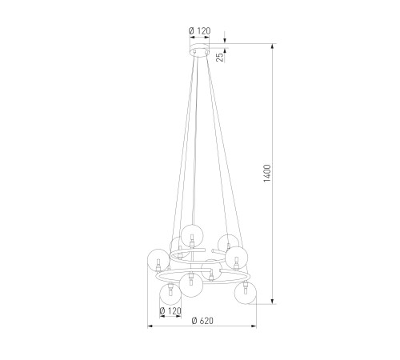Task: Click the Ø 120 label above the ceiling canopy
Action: tap(199, 31)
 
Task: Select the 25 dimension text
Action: tap(219, 58)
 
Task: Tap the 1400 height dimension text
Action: tap(267, 174)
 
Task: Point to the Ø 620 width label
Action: tap(202, 321)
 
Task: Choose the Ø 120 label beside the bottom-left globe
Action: tap(170, 311)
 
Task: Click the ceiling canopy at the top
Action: tap(199, 50)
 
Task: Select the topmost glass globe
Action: tap(192, 236)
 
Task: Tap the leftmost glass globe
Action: tap(158, 260)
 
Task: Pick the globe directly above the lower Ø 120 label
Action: tap(170, 294)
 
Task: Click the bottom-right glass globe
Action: tap(245, 293)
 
